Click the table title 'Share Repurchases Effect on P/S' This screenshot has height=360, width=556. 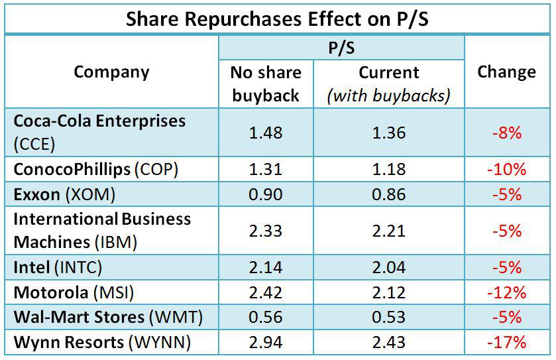point(278,19)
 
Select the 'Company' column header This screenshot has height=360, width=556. point(111,72)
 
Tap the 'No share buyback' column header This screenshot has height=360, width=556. point(265,84)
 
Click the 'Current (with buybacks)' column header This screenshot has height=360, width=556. point(388,84)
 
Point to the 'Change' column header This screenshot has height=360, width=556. point(506,72)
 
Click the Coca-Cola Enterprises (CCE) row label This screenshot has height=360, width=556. point(99,132)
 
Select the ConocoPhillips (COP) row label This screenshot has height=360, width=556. point(96,169)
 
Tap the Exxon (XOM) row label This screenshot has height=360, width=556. point(64,194)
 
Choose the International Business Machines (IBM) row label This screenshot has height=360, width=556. point(102,230)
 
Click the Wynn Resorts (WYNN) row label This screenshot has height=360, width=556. point(102,342)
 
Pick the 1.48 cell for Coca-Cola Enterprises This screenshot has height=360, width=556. point(265,133)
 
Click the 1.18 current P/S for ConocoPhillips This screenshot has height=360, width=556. point(388,169)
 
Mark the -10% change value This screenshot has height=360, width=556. point(506,169)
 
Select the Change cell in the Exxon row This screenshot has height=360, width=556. point(506,194)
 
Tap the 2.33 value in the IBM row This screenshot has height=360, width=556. point(265,231)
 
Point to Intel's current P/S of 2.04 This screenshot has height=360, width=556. point(388,267)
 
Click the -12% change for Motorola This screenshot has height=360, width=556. point(506,292)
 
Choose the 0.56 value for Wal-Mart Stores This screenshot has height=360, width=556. point(265,317)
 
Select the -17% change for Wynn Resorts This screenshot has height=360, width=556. point(506,342)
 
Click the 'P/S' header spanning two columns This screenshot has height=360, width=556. point(341,47)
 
